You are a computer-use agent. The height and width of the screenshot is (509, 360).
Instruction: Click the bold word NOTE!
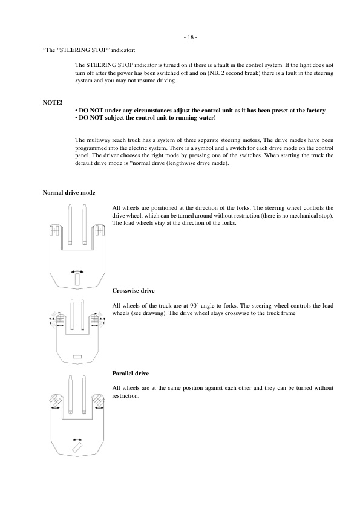point(52,103)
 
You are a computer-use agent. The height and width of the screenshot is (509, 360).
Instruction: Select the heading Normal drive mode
point(68,193)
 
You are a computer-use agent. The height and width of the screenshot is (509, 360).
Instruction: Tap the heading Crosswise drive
point(133,291)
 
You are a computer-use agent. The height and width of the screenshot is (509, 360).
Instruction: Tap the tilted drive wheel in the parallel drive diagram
point(77,447)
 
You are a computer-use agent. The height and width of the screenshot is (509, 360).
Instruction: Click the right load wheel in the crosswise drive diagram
point(96,319)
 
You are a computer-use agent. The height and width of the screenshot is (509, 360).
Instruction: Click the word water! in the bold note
point(206,118)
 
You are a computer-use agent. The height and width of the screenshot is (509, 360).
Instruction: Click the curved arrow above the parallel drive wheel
point(77,438)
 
